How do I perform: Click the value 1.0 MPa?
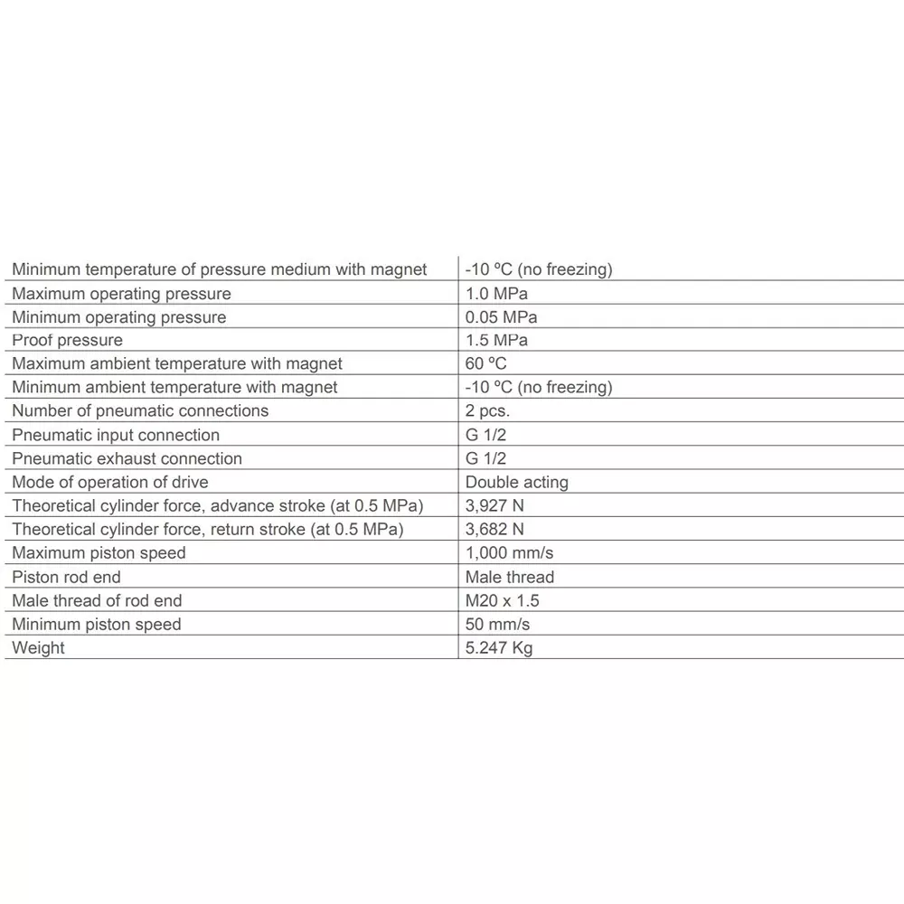click(496, 294)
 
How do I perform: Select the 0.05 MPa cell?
click(501, 317)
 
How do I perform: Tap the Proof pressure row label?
click(68, 341)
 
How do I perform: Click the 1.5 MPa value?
click(496, 341)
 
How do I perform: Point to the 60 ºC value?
click(485, 364)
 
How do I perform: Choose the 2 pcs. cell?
click(494, 411)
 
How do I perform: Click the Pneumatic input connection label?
click(116, 435)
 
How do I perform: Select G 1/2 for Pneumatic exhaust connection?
click(485, 458)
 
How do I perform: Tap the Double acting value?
click(517, 483)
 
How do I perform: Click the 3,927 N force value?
click(494, 506)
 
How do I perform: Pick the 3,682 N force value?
click(494, 530)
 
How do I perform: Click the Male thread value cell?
click(510, 577)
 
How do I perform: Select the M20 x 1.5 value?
click(503, 600)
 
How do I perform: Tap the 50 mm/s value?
click(497, 625)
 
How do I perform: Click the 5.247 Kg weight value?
click(499, 648)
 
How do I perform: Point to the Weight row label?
click(39, 648)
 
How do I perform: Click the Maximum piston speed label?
click(99, 553)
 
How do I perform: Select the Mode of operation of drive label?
click(110, 483)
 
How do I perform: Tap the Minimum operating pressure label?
click(119, 317)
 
